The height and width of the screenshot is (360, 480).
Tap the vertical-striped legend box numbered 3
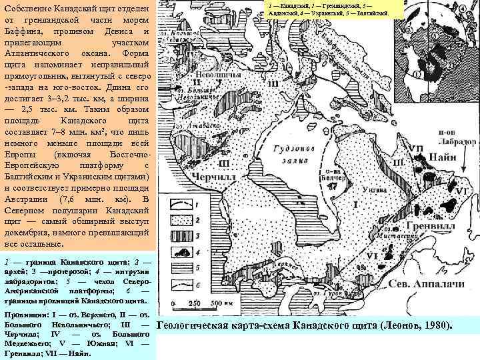click(181, 233)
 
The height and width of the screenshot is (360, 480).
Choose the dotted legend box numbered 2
click(181, 217)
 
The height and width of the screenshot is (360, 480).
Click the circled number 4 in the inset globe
click(463, 9)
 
